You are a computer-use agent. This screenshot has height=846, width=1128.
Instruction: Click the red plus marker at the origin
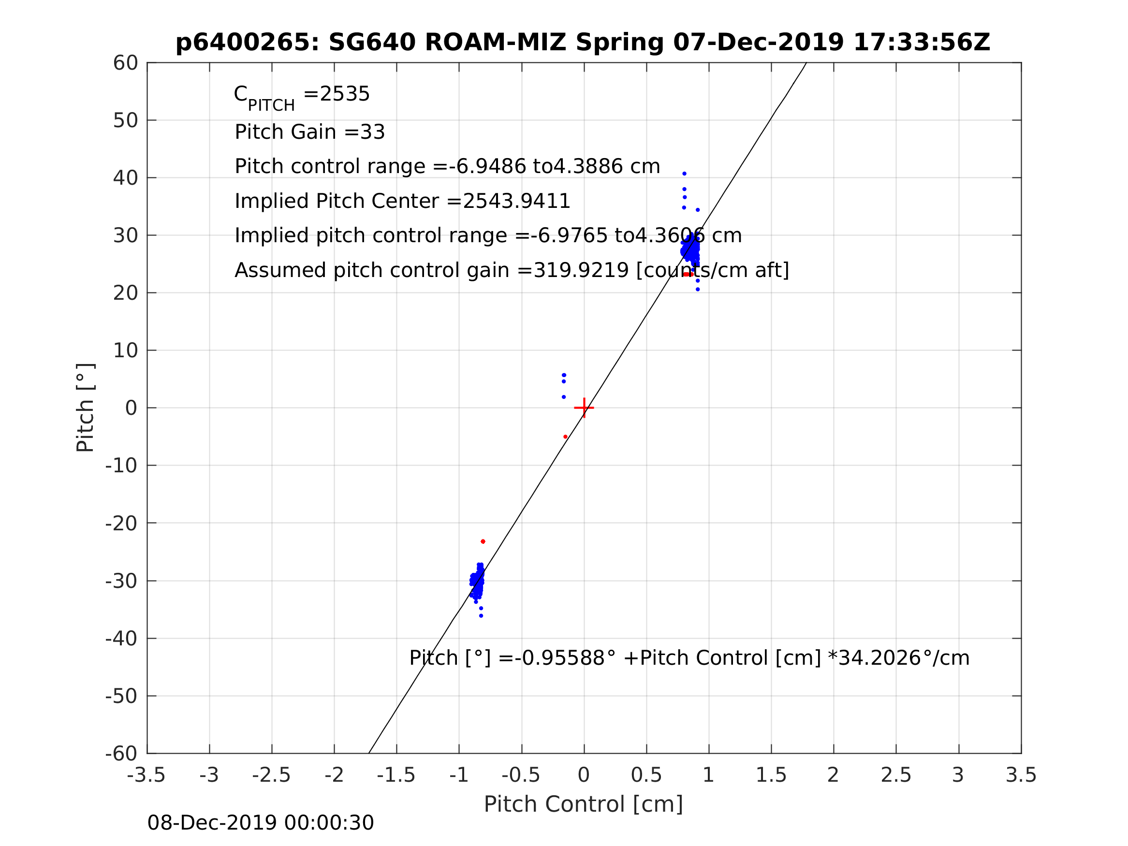(584, 408)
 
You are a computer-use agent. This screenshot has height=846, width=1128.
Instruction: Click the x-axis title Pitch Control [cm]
(584, 804)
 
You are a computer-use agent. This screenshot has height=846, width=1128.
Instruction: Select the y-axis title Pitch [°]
(85, 408)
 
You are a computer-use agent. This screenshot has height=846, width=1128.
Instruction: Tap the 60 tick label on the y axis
(125, 63)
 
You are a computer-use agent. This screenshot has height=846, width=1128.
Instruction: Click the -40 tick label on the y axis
(121, 639)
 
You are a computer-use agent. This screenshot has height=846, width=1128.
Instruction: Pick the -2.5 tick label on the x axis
(271, 775)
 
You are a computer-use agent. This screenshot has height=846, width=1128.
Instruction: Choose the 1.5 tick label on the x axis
(771, 775)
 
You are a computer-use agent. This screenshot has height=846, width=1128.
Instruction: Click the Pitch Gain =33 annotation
(309, 132)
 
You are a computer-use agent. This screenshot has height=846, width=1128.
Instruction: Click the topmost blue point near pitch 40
(684, 174)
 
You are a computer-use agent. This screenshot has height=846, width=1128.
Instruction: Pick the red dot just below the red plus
(566, 437)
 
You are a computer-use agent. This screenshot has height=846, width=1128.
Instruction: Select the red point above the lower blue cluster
(483, 541)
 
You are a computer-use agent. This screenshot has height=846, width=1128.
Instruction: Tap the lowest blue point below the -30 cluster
(481, 616)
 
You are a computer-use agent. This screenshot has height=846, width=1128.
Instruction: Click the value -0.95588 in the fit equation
(559, 658)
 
